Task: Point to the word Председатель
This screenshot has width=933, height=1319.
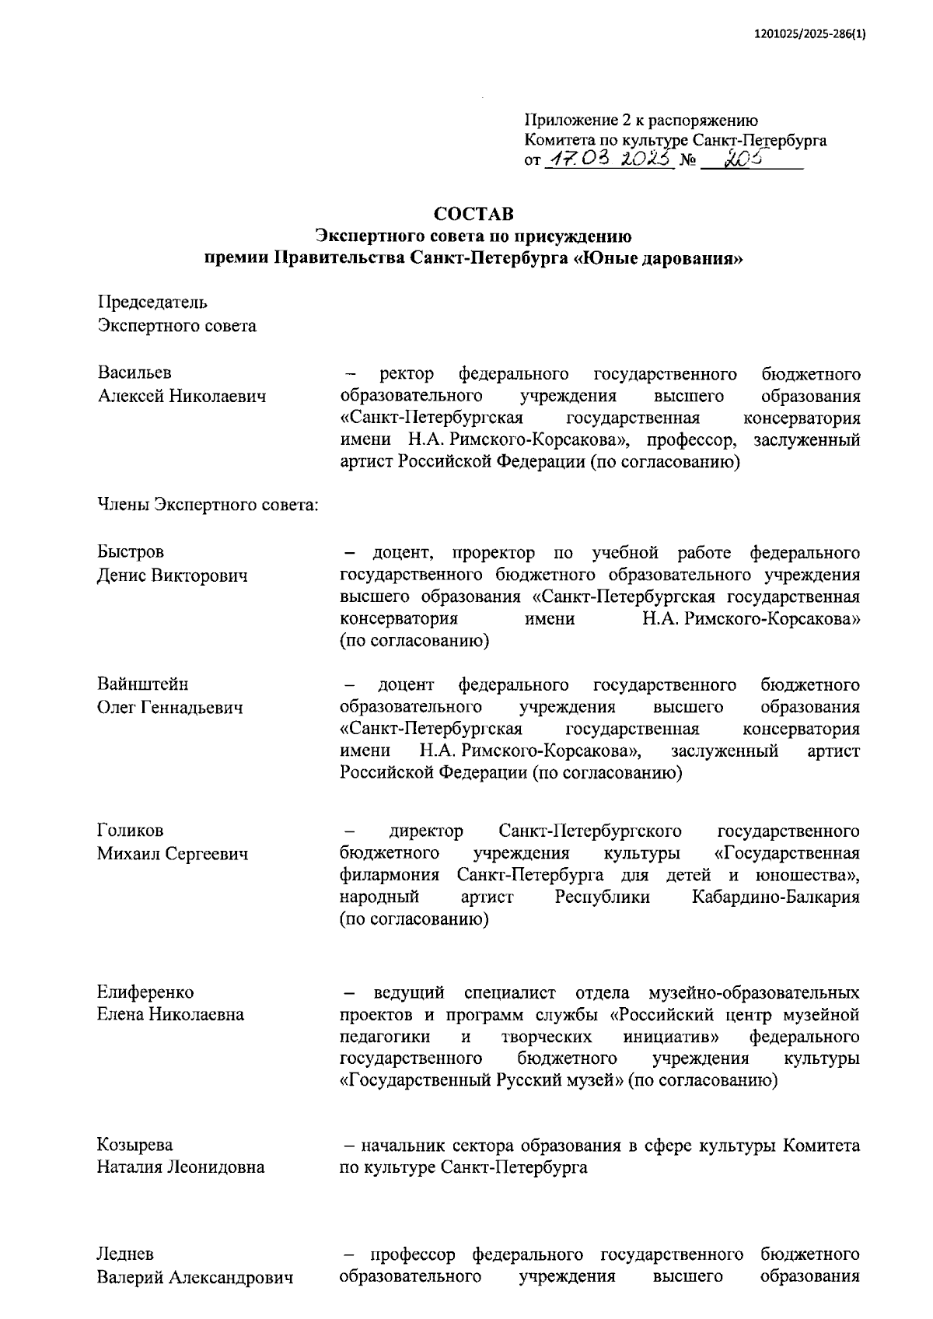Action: click(152, 303)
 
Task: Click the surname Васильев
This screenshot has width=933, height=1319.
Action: click(135, 374)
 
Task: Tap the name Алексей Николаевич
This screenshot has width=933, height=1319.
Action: click(182, 397)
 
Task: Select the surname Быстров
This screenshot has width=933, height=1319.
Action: click(131, 553)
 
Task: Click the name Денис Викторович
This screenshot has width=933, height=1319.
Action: click(173, 576)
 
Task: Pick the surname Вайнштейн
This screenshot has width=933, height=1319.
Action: click(142, 685)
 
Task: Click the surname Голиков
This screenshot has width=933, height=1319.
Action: click(130, 831)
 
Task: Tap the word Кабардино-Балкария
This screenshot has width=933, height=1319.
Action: click(775, 897)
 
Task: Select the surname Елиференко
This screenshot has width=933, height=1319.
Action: click(145, 992)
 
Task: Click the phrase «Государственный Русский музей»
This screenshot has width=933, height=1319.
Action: click(482, 1081)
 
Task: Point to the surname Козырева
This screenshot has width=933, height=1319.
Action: click(135, 1145)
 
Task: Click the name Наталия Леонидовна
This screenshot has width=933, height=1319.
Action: click(180, 1167)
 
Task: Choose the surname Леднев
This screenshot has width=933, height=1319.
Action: click(125, 1254)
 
